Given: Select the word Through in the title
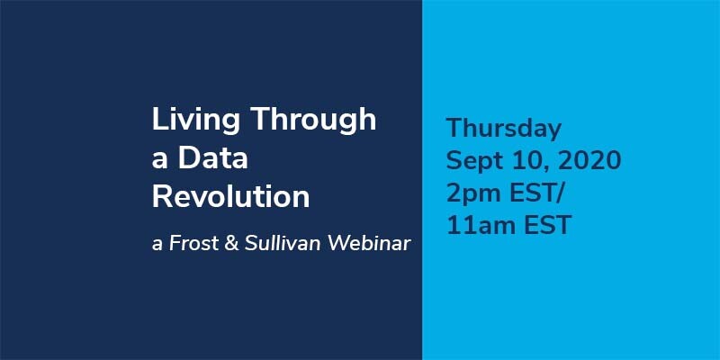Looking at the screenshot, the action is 314,119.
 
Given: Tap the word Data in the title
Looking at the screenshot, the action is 213,157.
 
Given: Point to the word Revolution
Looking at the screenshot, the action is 231,196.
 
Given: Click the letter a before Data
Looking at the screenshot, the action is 159,160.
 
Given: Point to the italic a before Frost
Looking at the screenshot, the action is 157,245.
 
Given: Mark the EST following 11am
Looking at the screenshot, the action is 549,226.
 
